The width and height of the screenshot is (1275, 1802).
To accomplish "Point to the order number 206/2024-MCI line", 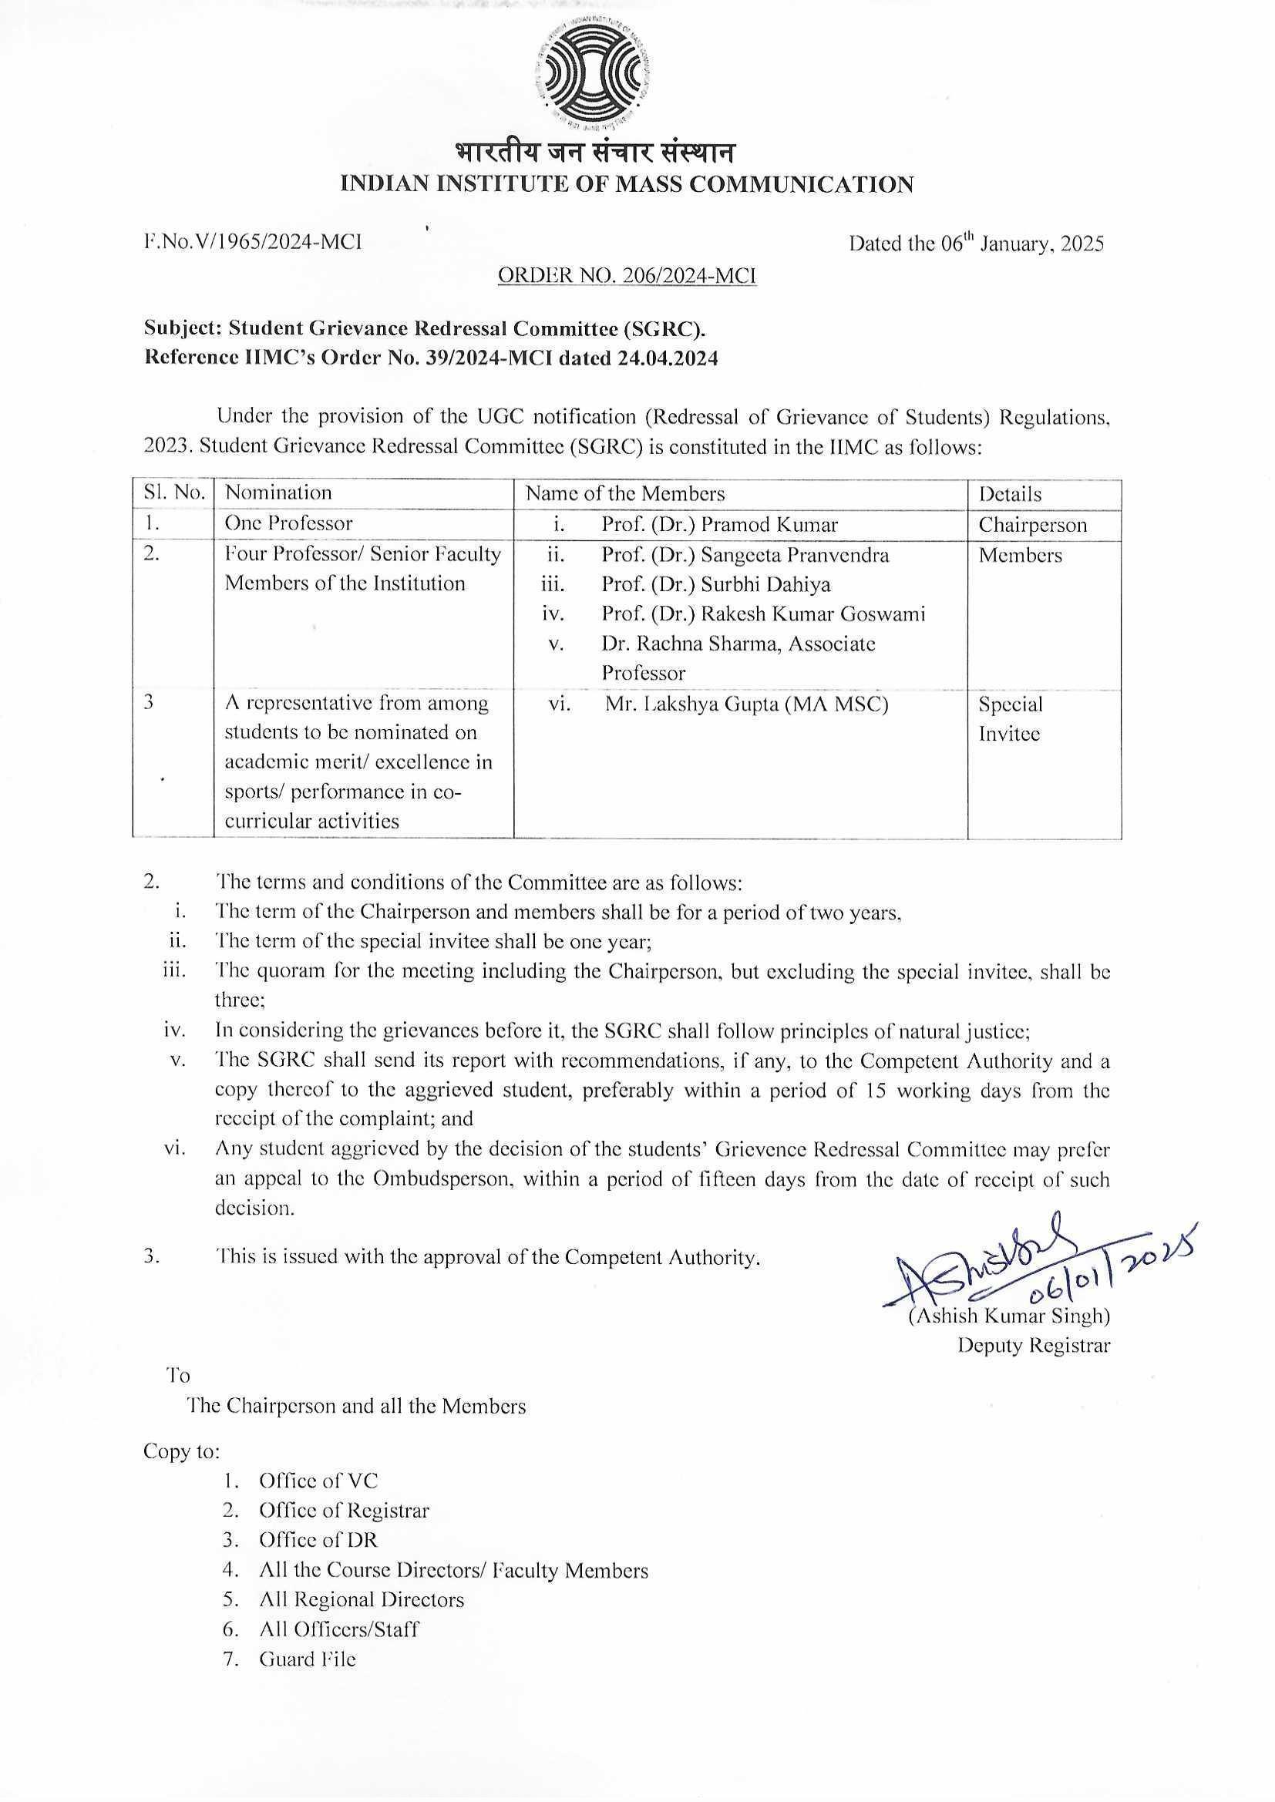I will (x=627, y=275).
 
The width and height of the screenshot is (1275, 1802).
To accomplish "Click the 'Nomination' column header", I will (x=279, y=493).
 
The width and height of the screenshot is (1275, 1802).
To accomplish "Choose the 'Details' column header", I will (x=1010, y=495).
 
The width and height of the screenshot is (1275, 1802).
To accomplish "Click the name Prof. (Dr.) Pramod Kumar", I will (x=719, y=524).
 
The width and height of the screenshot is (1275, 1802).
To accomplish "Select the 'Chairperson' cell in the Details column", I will (x=1031, y=525).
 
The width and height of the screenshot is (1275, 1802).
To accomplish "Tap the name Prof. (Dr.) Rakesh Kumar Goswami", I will (x=763, y=614).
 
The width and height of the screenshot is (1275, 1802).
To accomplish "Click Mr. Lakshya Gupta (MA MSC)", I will (x=746, y=704).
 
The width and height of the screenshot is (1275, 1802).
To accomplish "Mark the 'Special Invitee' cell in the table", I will (x=1011, y=718).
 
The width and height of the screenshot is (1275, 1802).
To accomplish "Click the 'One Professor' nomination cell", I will (x=289, y=523).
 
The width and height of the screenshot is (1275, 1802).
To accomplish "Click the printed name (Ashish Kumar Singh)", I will (x=1009, y=1316).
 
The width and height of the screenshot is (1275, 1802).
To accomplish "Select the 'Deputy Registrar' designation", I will (x=1033, y=1345).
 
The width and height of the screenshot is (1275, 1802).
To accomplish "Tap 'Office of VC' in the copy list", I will (x=318, y=1481).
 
